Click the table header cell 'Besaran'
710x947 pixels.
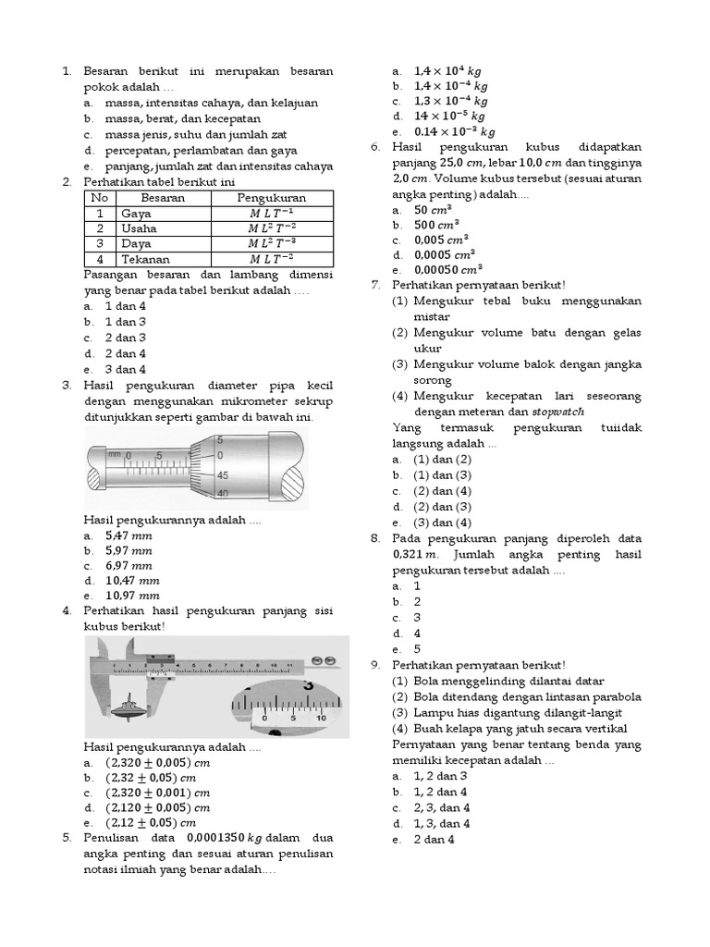tap(163, 198)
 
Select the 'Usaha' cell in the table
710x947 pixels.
tap(140, 228)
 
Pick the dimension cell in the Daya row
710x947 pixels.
tap(271, 243)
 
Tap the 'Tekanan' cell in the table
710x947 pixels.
tap(145, 258)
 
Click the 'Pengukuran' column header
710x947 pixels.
tap(271, 198)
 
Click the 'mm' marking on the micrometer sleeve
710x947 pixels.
tap(115, 454)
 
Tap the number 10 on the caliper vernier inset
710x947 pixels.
tap(321, 717)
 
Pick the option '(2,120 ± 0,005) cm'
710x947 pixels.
tap(158, 807)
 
